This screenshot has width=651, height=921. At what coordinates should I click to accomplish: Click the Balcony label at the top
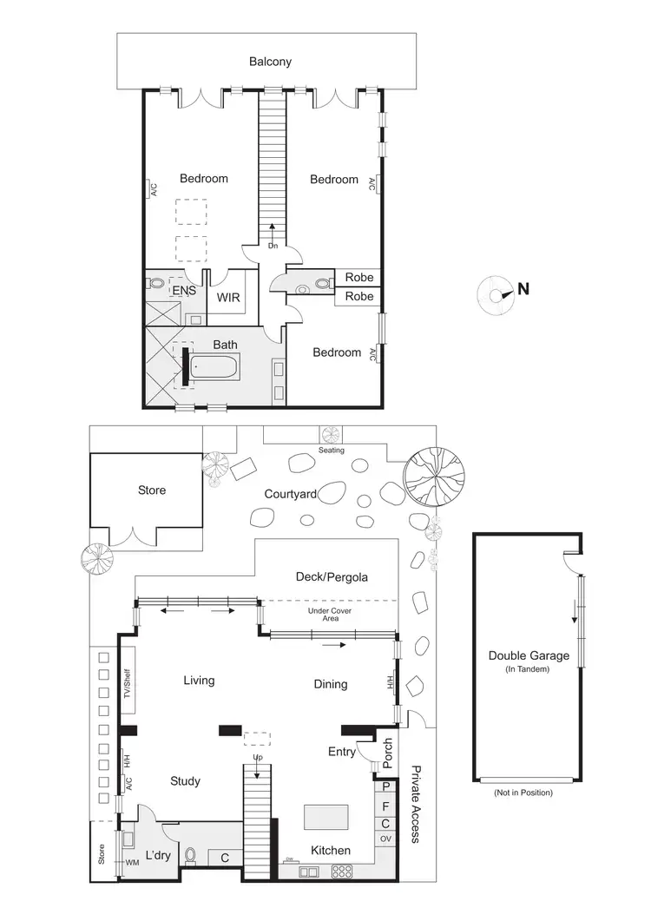coord(270,62)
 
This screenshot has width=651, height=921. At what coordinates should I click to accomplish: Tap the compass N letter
coord(523,289)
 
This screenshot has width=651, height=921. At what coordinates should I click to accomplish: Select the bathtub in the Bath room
coord(214,369)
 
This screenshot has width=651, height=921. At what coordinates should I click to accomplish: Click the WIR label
coord(228,297)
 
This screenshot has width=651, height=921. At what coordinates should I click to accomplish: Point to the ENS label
coord(183,290)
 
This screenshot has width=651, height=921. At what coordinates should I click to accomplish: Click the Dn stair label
coord(273,246)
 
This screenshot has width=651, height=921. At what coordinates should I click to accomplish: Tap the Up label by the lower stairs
coord(257,758)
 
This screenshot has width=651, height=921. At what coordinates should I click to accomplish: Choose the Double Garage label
coord(529,655)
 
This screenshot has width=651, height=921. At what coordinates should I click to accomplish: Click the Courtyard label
coord(290,494)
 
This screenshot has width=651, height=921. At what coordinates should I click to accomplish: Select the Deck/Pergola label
coord(332,576)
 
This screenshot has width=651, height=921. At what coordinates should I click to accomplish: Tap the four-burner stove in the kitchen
coord(342,871)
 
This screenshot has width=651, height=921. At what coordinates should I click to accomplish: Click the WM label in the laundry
coord(132,862)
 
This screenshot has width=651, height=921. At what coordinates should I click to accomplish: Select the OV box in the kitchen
coord(385,839)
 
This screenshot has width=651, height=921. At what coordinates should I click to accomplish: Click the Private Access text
coord(415,805)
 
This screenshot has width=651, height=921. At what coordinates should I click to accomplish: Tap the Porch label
coord(388,754)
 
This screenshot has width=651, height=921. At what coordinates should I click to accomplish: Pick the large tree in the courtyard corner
coord(435,478)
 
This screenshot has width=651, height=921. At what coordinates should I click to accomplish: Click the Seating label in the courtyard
coord(332,451)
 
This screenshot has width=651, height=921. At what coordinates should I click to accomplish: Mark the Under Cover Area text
coord(328,615)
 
